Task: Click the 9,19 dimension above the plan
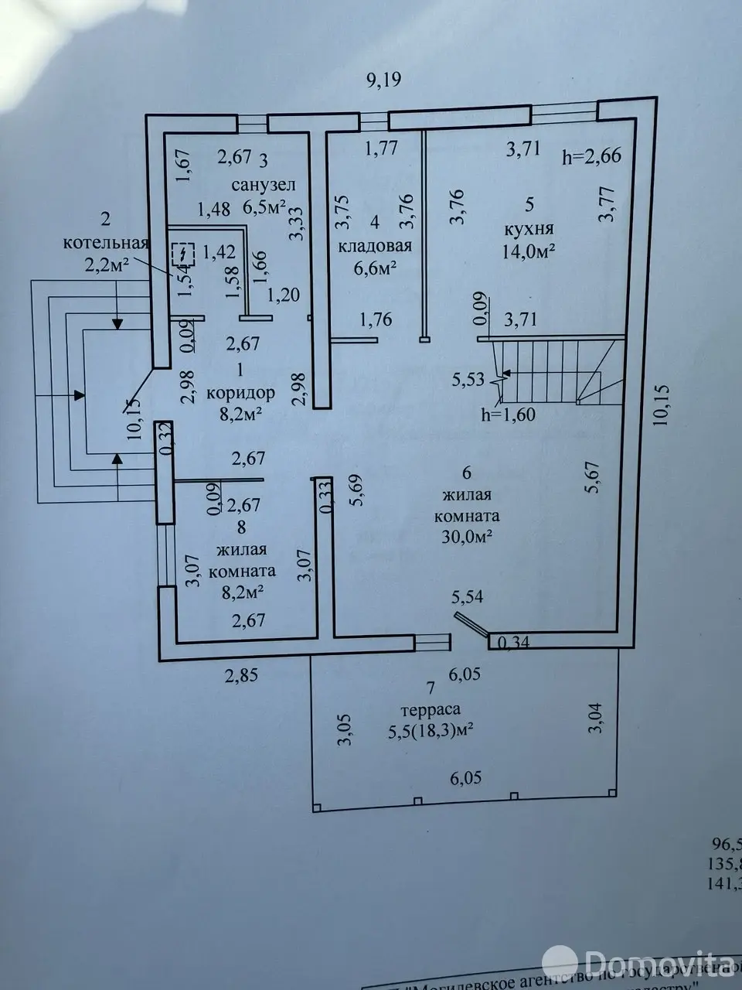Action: click(384, 80)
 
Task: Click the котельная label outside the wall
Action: click(106, 242)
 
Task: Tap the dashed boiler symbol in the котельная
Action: click(183, 254)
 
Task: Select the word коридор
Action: click(240, 392)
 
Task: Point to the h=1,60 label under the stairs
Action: click(508, 414)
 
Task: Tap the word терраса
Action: click(431, 709)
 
